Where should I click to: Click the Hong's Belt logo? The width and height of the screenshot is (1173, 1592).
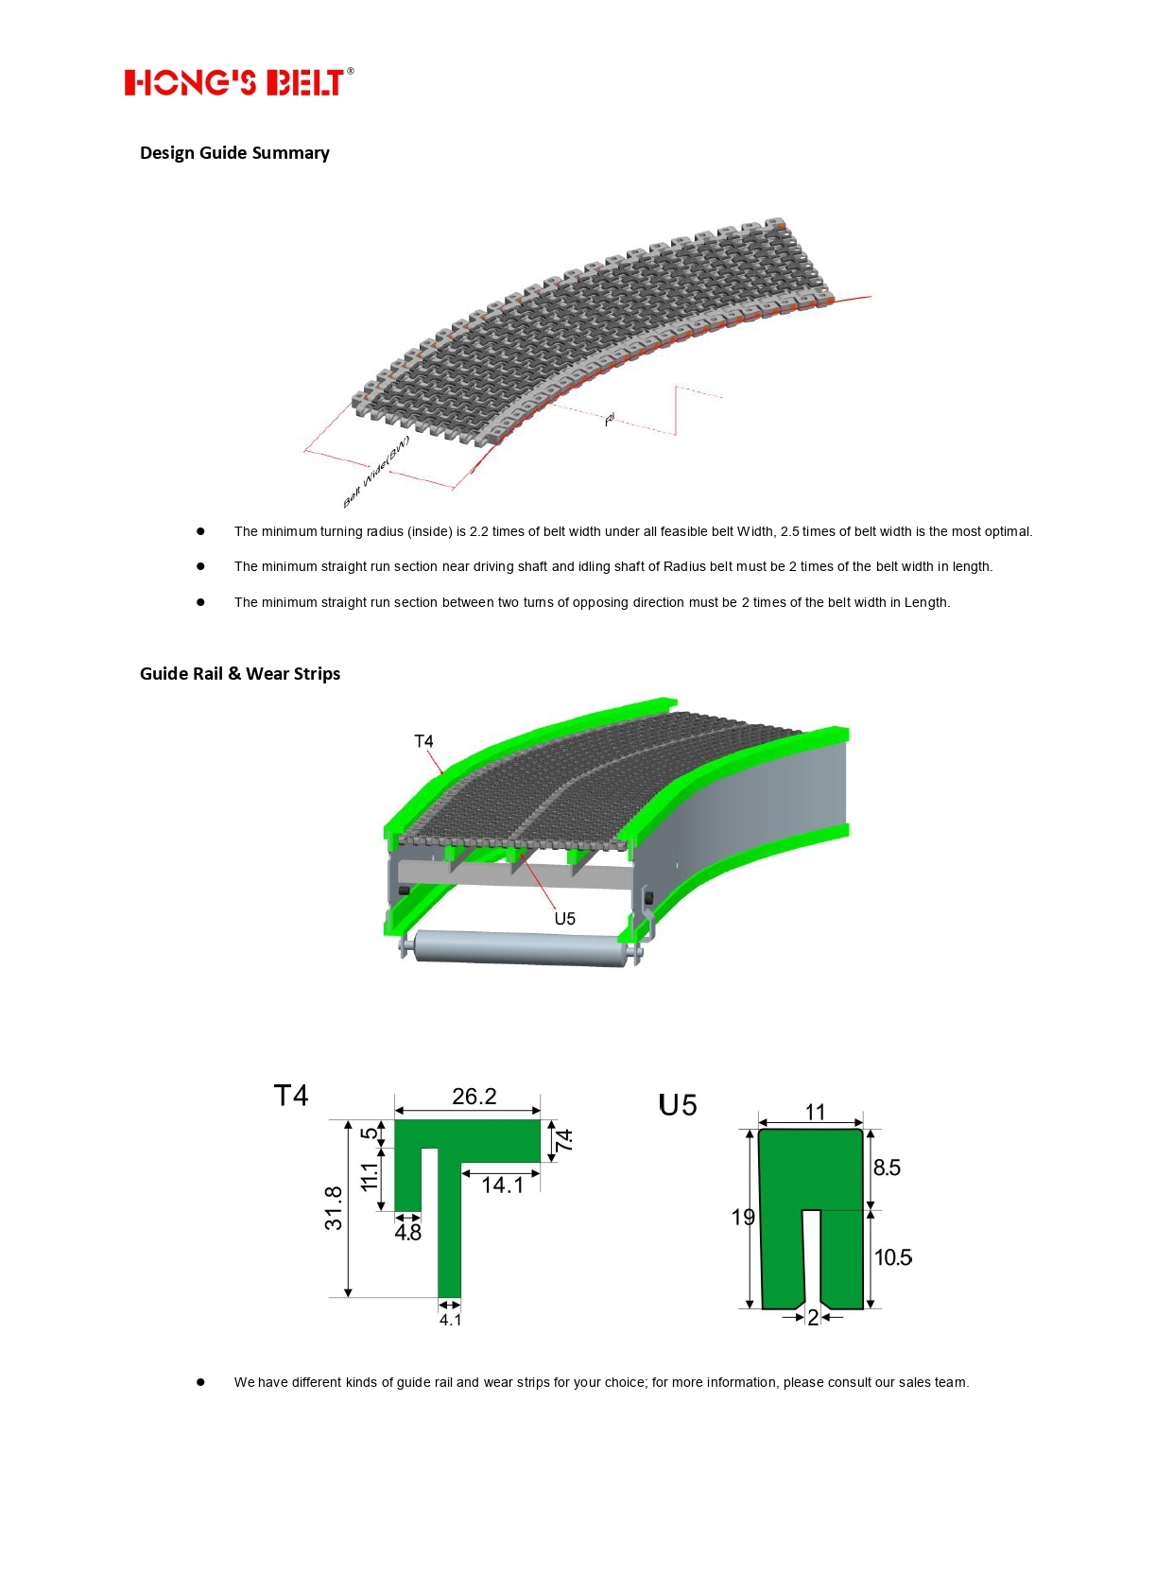click(238, 82)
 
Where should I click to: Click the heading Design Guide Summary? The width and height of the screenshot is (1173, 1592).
click(234, 153)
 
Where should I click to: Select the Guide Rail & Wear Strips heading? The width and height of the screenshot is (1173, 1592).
click(240, 674)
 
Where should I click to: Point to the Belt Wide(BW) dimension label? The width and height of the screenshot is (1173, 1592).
click(376, 471)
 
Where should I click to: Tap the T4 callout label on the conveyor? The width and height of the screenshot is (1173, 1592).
click(423, 741)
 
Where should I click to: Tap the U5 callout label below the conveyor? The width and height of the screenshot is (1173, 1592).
click(564, 919)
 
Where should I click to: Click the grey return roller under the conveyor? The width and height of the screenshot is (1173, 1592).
click(523, 948)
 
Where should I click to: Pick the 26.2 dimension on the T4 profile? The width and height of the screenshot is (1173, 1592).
click(474, 1097)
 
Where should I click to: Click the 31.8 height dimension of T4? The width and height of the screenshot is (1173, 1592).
click(334, 1208)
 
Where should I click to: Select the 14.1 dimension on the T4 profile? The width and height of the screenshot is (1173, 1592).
click(502, 1185)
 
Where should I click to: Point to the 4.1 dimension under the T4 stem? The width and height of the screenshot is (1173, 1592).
click(450, 1320)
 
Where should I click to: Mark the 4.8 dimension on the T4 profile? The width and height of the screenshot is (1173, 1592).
click(407, 1233)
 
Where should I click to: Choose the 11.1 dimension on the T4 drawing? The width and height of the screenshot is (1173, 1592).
click(369, 1176)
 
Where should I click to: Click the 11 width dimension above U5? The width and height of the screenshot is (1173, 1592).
click(815, 1112)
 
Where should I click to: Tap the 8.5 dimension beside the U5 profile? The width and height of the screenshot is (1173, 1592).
click(887, 1168)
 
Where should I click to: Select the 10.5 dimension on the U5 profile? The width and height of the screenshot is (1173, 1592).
click(892, 1257)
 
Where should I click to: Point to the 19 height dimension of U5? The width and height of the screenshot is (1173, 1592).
click(743, 1217)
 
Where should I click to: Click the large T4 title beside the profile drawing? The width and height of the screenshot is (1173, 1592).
click(291, 1096)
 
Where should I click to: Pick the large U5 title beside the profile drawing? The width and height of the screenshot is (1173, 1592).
click(678, 1105)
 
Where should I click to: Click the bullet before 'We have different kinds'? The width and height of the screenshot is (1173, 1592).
click(200, 1382)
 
